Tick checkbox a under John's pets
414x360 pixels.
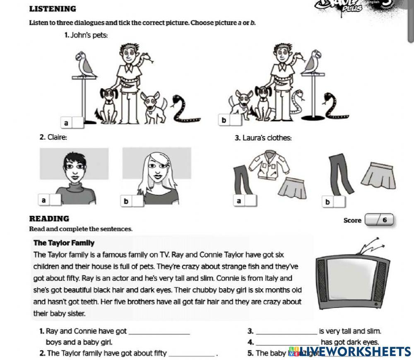78,122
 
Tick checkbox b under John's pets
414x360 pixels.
236,120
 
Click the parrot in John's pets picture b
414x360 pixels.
313,61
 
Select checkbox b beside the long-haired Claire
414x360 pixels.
138,201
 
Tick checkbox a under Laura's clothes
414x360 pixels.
250,201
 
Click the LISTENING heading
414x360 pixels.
53,9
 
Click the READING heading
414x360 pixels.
49,219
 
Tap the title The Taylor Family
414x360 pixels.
64,243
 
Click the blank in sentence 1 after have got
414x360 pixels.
160,331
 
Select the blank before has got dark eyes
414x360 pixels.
288,342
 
